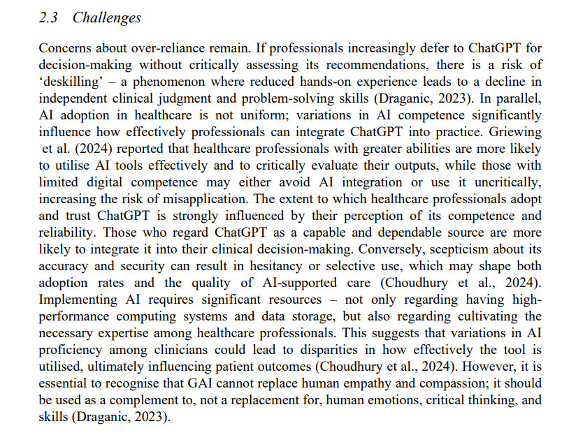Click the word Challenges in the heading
pyautogui.click(x=107, y=17)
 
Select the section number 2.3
pyautogui.click(x=50, y=17)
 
